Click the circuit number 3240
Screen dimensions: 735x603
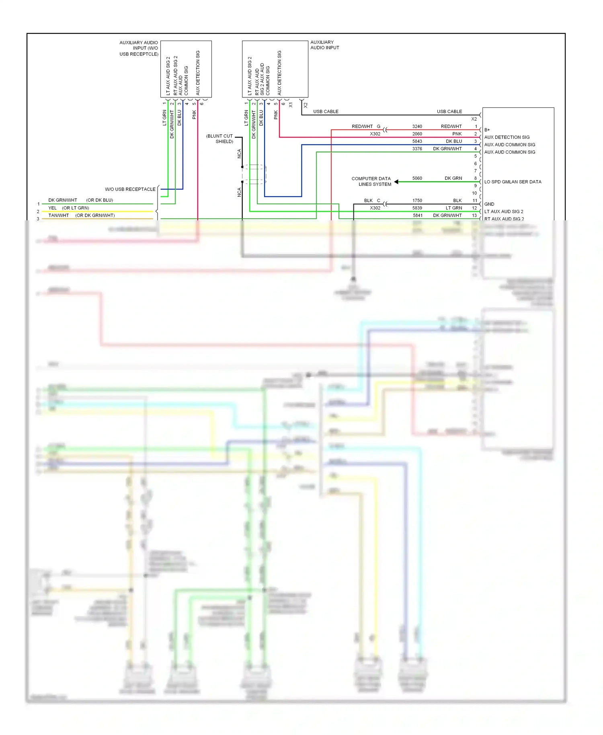coord(417,126)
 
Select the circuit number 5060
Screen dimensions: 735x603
coord(417,178)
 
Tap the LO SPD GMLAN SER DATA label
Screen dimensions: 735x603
coord(513,182)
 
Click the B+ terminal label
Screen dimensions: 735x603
coord(487,130)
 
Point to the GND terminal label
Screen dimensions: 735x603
coord(489,204)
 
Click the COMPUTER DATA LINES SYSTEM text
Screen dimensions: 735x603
coord(371,181)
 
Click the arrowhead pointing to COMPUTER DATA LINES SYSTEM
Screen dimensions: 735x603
coord(396,182)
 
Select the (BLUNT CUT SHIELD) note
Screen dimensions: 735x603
coord(220,139)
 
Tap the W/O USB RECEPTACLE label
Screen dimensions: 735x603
coord(130,189)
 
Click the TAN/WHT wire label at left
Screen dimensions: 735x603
coord(59,216)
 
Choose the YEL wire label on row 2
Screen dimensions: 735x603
coord(53,208)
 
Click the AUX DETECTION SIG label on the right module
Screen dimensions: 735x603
coord(507,137)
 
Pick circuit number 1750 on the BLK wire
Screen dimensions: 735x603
coord(417,200)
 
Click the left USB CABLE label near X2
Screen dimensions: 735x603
coord(326,111)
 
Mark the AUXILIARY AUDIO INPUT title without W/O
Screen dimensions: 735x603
coord(324,45)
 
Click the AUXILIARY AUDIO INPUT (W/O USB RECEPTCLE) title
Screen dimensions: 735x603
coord(139,48)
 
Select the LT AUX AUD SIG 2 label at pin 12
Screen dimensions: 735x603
coord(503,211)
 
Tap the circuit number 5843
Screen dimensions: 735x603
coord(417,141)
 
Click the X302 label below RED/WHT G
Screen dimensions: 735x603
coord(375,134)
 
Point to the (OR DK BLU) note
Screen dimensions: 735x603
coord(99,200)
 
